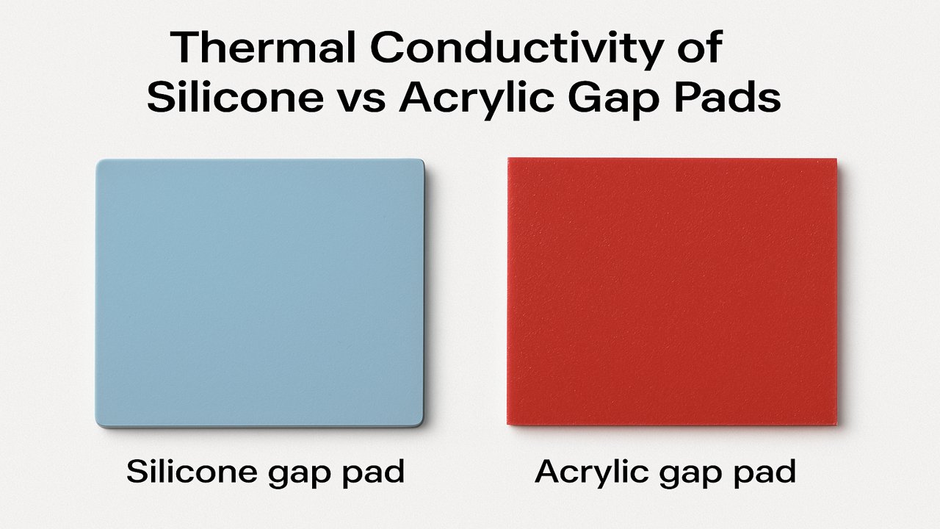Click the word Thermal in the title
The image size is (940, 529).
click(263, 47)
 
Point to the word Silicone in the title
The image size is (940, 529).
click(236, 97)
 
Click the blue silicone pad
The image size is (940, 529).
click(260, 293)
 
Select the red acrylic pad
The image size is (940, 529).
click(672, 292)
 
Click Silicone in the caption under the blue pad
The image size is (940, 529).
click(192, 471)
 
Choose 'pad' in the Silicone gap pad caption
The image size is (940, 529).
click(373, 472)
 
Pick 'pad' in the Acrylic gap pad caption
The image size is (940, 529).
click(764, 473)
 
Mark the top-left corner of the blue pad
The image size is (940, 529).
click(96, 160)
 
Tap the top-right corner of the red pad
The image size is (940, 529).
click(836, 159)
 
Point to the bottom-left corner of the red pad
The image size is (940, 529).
click(507, 425)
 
